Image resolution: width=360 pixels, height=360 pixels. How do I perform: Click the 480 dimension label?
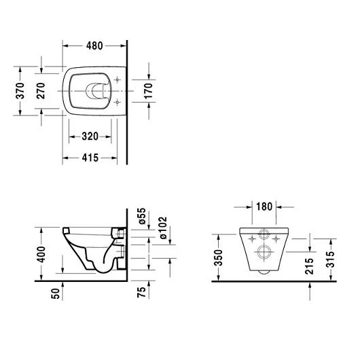click(x=94, y=46)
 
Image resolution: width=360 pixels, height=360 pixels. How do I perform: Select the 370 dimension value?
click(x=20, y=90)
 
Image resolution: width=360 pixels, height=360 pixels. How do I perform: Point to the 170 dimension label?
click(x=149, y=90)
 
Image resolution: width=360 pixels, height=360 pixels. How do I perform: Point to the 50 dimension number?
click(x=56, y=293)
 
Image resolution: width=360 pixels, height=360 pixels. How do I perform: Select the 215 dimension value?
click(x=311, y=266)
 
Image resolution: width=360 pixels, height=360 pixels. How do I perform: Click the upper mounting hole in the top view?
click(x=118, y=79)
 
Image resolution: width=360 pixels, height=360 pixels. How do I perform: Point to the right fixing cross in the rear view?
click(x=277, y=238)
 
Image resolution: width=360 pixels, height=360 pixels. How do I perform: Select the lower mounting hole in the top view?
click(x=118, y=102)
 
